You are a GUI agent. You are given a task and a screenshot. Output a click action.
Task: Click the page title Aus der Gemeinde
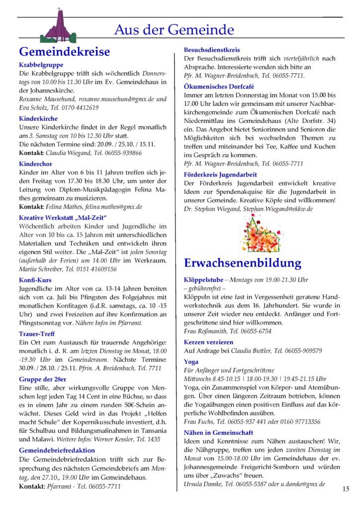pos(174,30)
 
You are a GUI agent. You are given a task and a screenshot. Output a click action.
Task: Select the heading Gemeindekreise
pos(64,52)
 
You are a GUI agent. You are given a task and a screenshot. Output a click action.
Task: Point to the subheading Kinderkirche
pos(38,119)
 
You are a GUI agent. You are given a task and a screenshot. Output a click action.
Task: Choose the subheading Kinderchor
pos(35,164)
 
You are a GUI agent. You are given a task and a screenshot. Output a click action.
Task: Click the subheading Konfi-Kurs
pos(35,280)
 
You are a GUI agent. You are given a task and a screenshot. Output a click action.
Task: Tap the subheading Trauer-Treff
pos(37,334)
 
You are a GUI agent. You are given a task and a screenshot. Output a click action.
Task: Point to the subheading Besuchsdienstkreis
pos(212,50)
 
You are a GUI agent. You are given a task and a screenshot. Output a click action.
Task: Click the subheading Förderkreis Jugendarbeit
pos(220,174)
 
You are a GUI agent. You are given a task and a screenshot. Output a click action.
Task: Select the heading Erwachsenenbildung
pos(243,263)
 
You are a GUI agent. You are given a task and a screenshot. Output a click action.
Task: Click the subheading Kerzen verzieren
pos(208,342)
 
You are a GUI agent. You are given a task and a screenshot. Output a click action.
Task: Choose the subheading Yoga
pos(191,362)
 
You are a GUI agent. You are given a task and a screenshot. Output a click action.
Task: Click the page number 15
pos(346,489)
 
